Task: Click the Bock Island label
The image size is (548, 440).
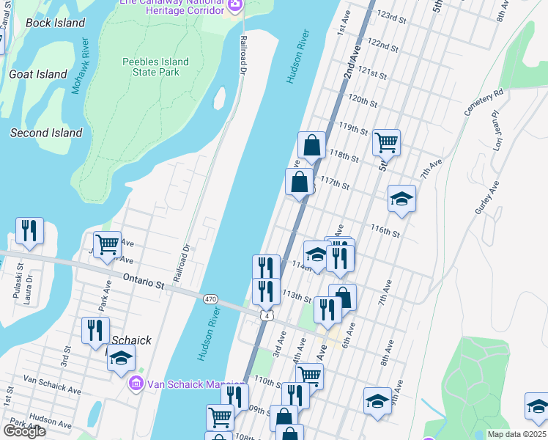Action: [x=55, y=23]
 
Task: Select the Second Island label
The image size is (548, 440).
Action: [x=46, y=133]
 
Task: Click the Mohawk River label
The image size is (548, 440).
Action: [x=80, y=66]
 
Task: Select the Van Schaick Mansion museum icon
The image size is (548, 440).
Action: [x=136, y=382]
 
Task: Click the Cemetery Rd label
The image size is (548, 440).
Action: [x=484, y=103]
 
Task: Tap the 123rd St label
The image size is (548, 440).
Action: [x=391, y=16]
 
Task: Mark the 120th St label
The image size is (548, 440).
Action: [x=362, y=100]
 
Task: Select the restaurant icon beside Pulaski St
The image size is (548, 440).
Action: [x=29, y=231]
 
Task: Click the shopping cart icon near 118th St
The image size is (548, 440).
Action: [x=385, y=142]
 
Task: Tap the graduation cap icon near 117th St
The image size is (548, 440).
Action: [x=401, y=199]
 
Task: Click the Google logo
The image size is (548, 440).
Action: [x=24, y=430]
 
